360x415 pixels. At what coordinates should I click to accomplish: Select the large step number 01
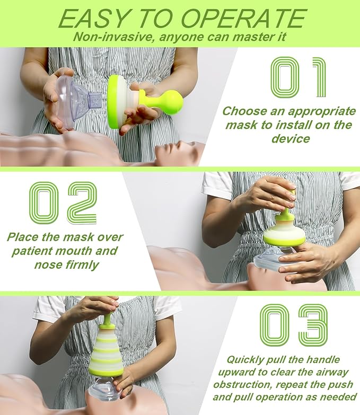point(298,78)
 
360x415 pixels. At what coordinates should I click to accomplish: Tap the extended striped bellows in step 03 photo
point(106,350)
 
